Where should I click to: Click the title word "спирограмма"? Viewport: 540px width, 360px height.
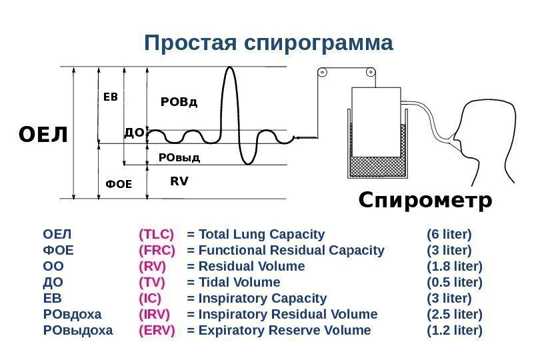(x=319, y=43)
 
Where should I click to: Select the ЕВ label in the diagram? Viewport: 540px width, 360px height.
(x=110, y=97)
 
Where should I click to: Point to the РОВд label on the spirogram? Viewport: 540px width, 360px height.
(x=179, y=102)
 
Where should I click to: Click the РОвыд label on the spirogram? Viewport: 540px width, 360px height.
(x=179, y=158)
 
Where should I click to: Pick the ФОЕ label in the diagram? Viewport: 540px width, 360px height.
(x=119, y=184)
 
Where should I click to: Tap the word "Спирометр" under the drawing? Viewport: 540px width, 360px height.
(x=425, y=200)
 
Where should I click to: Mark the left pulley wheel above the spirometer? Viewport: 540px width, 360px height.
(x=322, y=73)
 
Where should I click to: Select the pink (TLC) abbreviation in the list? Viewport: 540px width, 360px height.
(x=156, y=234)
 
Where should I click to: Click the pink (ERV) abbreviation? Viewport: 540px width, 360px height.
(x=157, y=330)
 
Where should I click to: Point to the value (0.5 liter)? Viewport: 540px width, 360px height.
(x=454, y=282)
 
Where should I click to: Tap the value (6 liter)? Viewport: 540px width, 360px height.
(x=449, y=234)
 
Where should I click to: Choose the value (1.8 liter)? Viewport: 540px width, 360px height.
(x=454, y=266)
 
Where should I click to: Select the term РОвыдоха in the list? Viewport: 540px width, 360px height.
(x=78, y=330)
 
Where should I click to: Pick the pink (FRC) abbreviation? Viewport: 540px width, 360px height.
(x=157, y=250)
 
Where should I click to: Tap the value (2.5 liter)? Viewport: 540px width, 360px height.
(x=454, y=314)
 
